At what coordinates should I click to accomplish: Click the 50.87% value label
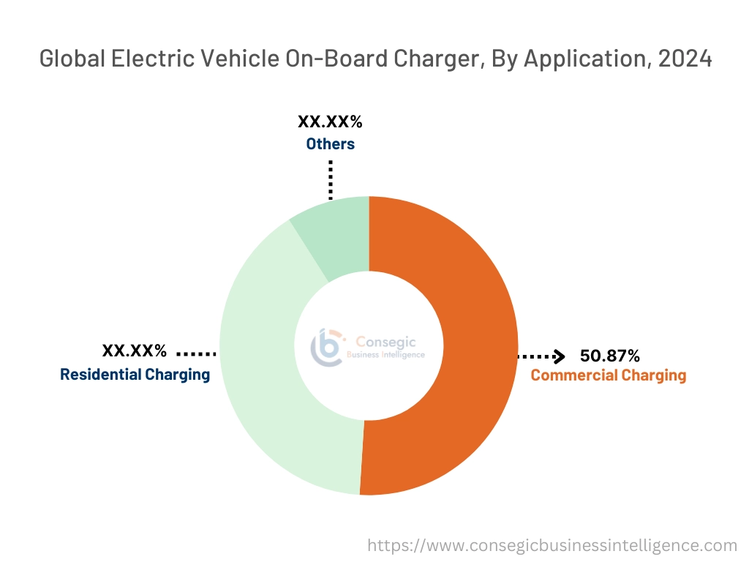click(609, 356)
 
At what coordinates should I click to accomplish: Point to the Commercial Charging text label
click(608, 375)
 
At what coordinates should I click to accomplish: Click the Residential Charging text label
click(135, 375)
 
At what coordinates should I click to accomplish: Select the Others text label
click(330, 143)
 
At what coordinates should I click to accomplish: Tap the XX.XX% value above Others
click(330, 122)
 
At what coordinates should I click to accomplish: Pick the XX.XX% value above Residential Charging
click(135, 351)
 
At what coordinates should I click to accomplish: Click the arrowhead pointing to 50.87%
click(559, 356)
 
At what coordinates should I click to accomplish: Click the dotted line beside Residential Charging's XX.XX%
click(196, 353)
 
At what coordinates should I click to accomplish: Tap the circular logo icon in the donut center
click(326, 346)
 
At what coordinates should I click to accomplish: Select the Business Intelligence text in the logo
click(385, 355)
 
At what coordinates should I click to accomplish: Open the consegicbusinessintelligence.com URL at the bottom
click(552, 545)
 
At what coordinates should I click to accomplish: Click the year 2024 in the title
click(685, 59)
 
